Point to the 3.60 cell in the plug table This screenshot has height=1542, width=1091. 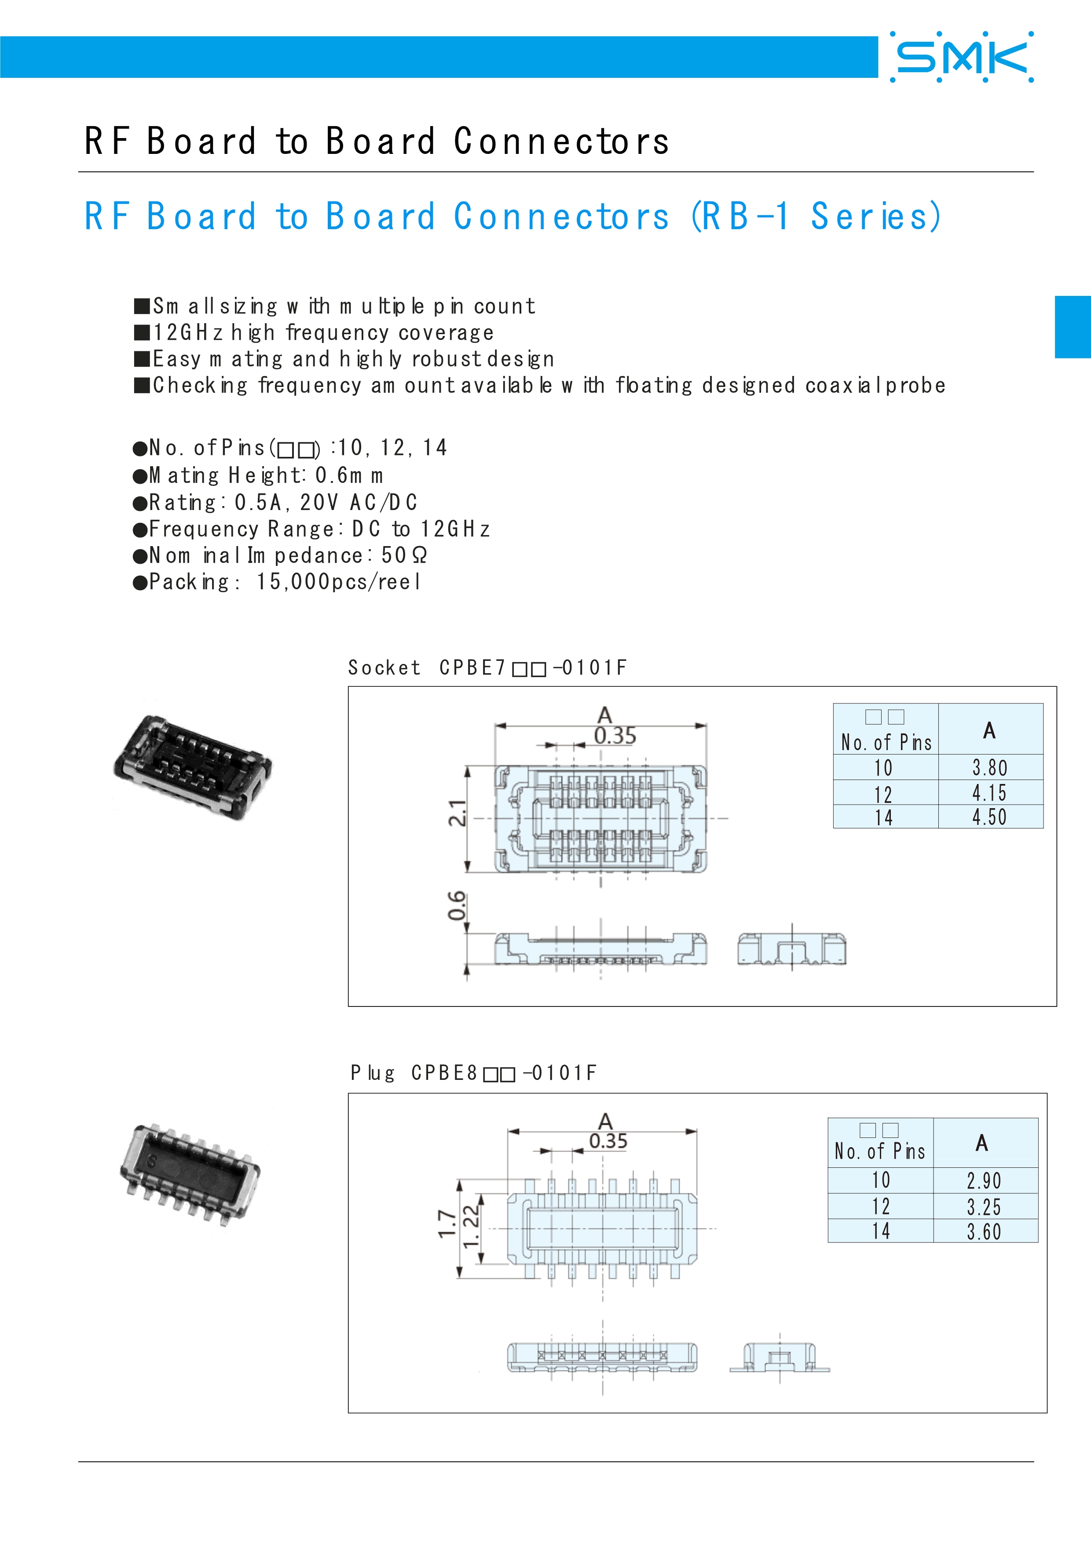coord(984,1232)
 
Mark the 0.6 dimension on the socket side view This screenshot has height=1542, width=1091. coord(457,906)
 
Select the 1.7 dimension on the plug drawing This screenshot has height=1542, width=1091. coord(447,1224)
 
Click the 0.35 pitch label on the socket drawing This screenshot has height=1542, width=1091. coord(615,736)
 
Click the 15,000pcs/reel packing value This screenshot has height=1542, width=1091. coord(339,582)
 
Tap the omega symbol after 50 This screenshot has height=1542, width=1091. coord(419,555)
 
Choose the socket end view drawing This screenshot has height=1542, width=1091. coord(791,948)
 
